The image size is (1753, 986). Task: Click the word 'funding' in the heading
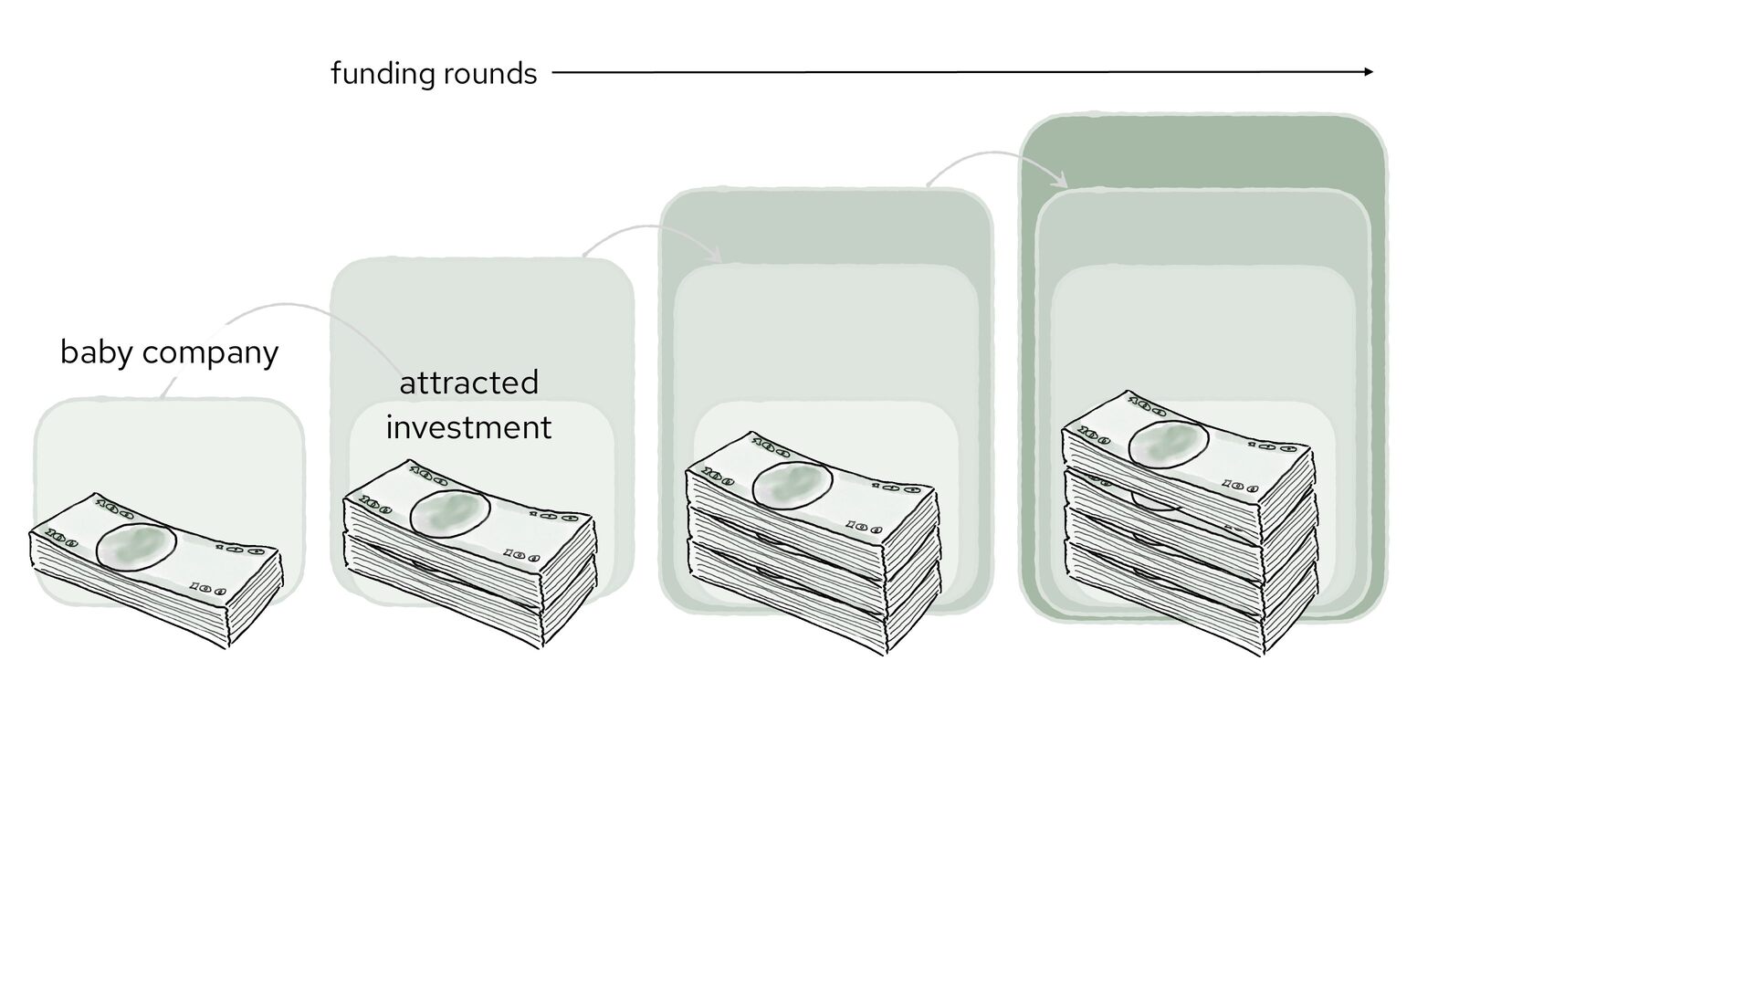(382, 73)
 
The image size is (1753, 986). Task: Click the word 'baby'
(95, 352)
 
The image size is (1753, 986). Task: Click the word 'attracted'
(469, 383)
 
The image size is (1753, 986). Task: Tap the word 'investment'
(469, 427)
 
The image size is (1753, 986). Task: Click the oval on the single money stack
(136, 547)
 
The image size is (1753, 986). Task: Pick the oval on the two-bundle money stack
(450, 514)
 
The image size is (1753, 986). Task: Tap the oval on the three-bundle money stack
(792, 484)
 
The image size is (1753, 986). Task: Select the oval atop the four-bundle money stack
(1168, 445)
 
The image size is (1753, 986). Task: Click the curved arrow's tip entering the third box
(719, 257)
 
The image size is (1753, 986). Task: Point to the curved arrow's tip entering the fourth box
(1064, 182)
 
